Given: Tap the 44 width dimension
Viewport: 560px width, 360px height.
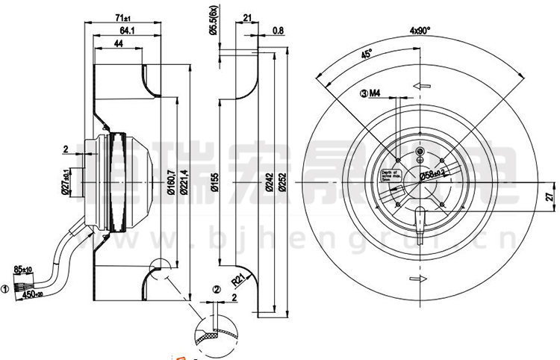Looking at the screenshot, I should point(119,46).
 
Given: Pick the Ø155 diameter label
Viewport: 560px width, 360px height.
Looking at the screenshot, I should point(214,182).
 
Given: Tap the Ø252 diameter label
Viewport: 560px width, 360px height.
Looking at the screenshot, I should point(281,183).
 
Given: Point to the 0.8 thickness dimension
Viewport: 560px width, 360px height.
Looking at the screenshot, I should point(279,31).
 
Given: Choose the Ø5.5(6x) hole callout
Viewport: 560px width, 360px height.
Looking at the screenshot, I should point(213,20).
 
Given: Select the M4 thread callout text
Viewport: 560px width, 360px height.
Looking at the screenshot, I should point(375,93).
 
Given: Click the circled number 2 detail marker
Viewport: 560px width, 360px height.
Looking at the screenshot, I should point(216,290).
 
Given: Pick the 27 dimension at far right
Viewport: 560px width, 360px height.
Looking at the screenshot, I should point(549,198).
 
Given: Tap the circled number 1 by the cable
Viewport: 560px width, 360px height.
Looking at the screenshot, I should point(5,288).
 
